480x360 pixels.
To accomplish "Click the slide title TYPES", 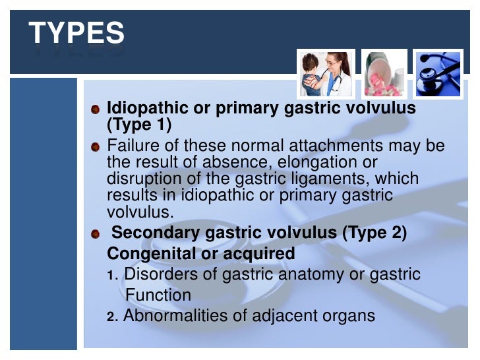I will pos(76,33).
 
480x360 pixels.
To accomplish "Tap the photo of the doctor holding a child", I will pos(326,73).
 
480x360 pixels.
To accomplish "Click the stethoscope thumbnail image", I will pos(438,73).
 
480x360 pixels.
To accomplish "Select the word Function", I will pos(158,295).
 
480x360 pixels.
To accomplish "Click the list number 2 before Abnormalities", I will pos(111,317).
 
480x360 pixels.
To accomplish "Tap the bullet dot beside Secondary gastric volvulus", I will pos(96,233).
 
